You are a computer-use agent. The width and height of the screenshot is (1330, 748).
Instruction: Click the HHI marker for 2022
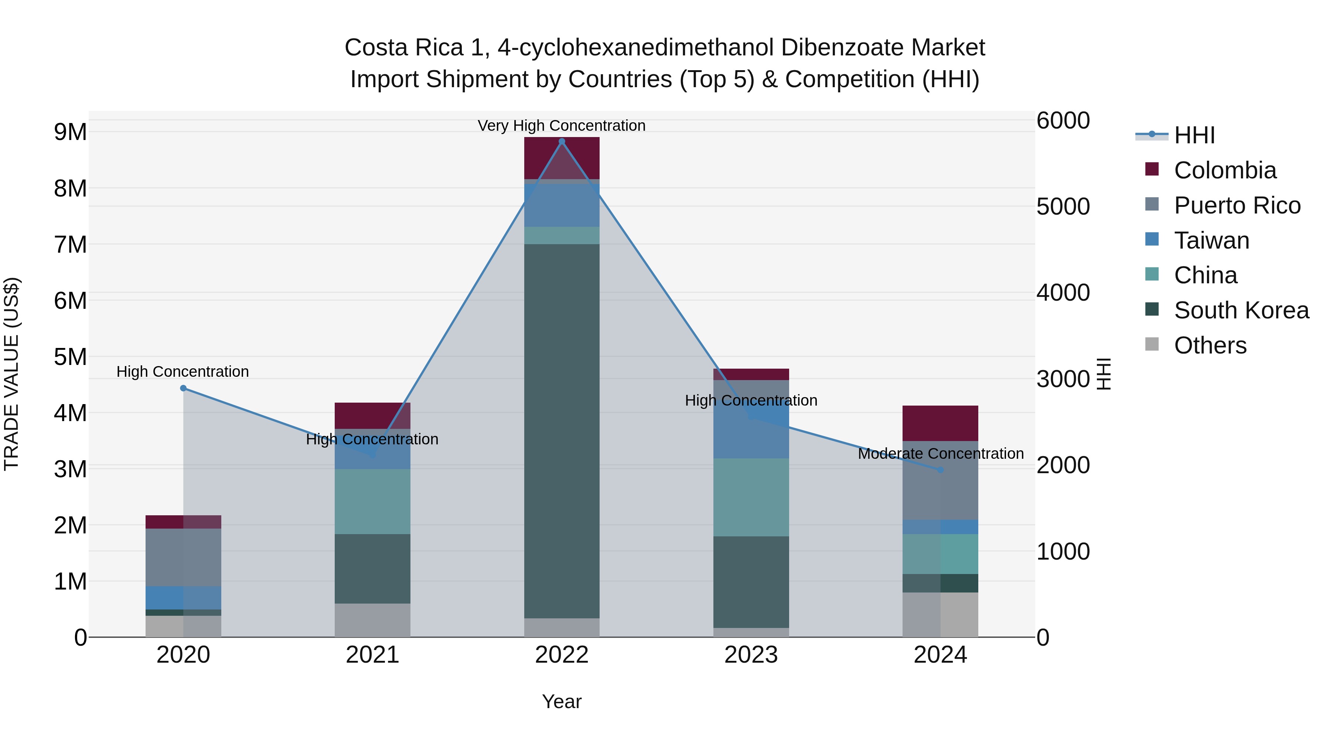point(562,141)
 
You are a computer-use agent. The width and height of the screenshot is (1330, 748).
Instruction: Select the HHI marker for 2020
point(183,388)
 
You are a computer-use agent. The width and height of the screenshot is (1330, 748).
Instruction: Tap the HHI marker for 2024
point(940,470)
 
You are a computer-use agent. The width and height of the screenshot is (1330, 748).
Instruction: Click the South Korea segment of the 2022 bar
point(562,431)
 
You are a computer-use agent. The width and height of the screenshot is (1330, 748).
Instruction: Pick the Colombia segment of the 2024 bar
point(940,423)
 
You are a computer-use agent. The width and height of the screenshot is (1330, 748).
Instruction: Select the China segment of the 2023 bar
point(751,497)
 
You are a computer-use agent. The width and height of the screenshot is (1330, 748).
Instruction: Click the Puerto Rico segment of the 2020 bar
point(183,557)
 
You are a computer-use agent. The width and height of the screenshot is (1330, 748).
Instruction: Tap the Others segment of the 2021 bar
point(372,620)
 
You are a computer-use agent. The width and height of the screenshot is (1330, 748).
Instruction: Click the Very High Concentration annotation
point(561,126)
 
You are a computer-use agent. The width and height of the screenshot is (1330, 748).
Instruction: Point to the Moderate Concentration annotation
point(940,454)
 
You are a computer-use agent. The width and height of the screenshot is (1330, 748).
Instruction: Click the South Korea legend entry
point(1241,311)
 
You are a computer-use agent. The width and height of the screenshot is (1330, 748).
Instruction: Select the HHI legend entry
point(1194,135)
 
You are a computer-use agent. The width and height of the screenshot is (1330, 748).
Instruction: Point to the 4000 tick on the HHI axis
point(1063,293)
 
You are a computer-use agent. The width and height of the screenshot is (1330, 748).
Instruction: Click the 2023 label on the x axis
point(751,655)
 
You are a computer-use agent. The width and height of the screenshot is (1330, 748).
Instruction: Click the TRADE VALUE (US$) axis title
point(12,374)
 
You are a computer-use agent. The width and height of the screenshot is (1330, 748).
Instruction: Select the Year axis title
point(561,701)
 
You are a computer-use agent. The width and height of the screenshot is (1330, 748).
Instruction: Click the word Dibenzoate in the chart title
point(842,48)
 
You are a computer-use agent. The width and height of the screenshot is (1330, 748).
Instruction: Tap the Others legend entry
point(1210,345)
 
